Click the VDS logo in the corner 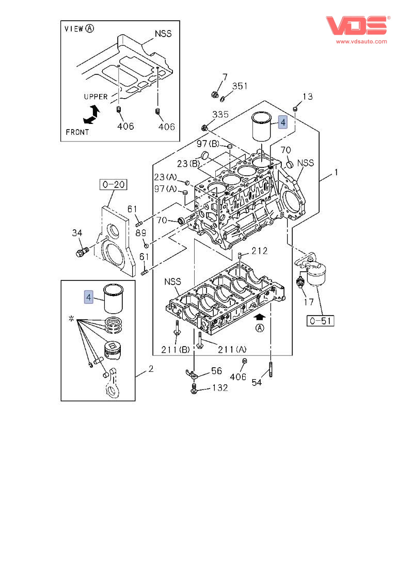coord(356,26)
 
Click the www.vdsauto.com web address coord(361,41)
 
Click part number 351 coord(240,86)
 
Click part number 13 coord(308,97)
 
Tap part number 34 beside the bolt coord(77,234)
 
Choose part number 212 coord(260,251)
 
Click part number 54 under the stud coord(257,382)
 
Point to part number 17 coord(308,302)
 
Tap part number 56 coord(216,371)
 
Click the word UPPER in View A coord(96,97)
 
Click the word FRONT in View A coord(77,132)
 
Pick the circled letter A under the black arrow coord(260,328)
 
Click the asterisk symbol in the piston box coord(71,320)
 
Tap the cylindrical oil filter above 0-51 coord(316,274)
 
